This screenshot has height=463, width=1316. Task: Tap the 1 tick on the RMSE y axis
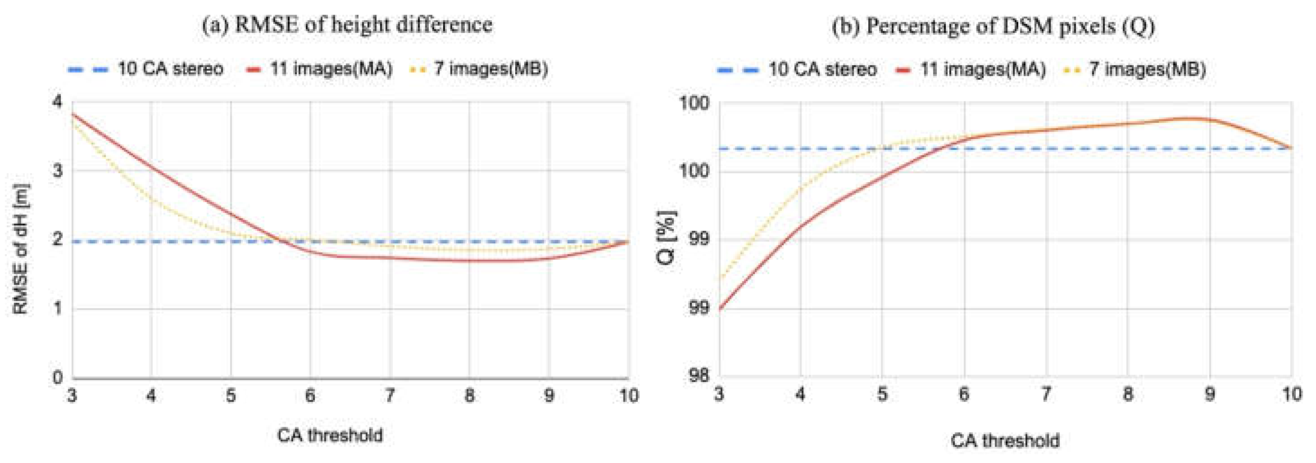click(57, 308)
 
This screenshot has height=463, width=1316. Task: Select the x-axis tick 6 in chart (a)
click(310, 396)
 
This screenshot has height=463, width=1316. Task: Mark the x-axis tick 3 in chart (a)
click(72, 396)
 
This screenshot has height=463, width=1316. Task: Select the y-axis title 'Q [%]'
click(667, 238)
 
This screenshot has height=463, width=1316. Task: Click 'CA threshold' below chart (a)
click(330, 436)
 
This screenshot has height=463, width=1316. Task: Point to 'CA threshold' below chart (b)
click(1005, 441)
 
